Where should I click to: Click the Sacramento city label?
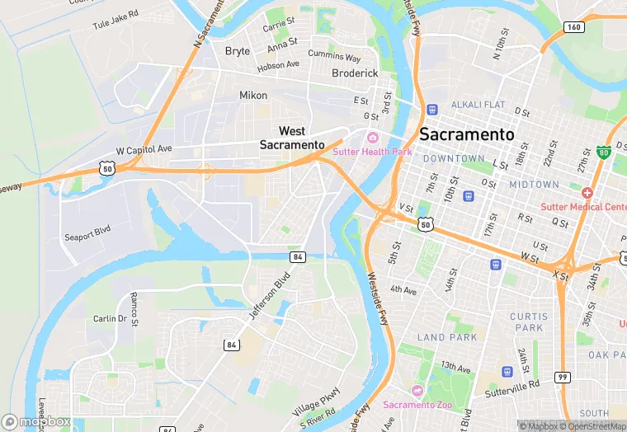coord(466,134)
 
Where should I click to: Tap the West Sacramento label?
coord(292,138)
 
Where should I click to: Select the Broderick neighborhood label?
coord(355,73)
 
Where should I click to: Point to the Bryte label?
coord(238,51)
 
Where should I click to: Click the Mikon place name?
coord(253,96)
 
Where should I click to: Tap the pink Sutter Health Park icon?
coord(373,138)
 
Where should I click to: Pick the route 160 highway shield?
coord(575,27)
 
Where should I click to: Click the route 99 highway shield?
coord(561,378)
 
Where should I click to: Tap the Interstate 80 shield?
coord(604,153)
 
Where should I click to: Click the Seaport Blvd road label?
coord(87,233)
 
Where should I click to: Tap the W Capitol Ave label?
coord(144,150)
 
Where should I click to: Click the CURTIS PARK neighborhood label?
coord(529,322)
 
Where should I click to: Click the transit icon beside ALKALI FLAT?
coord(431,110)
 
